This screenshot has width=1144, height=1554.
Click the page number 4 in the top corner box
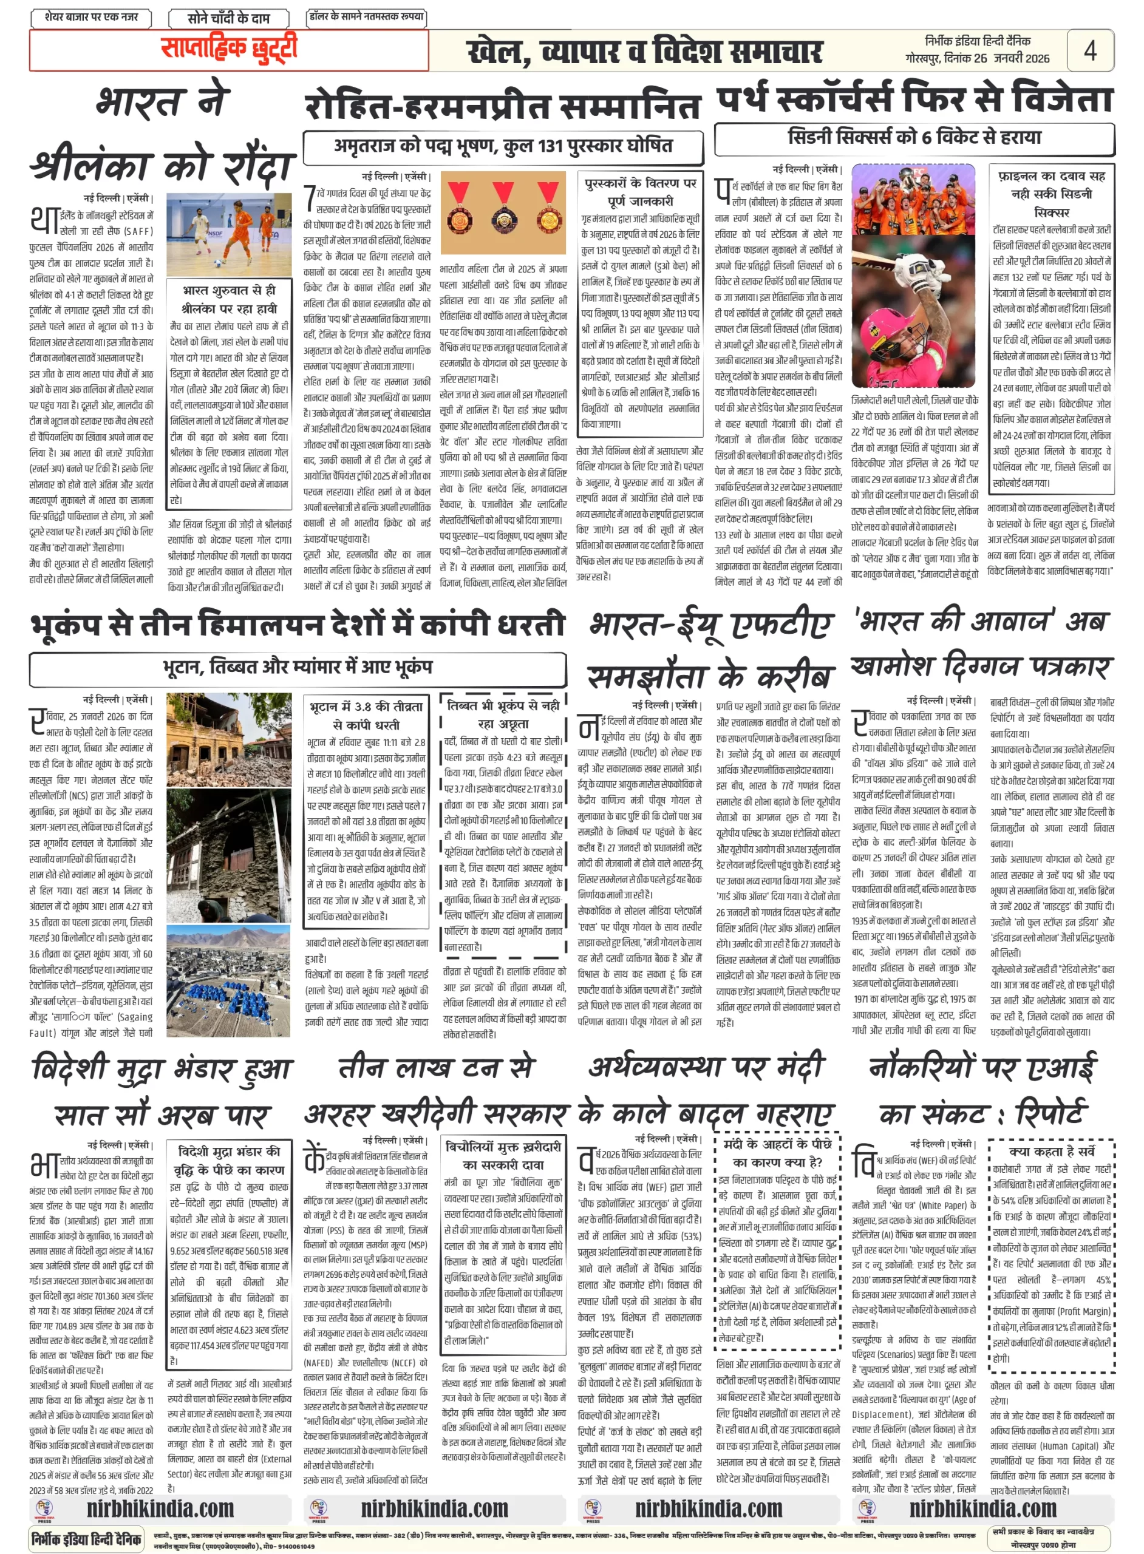1090,50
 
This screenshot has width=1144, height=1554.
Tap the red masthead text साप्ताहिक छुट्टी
228,49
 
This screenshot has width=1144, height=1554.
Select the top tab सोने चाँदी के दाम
228,18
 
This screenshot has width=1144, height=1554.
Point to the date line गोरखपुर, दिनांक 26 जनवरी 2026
977,59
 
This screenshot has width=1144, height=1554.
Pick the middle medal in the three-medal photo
503,208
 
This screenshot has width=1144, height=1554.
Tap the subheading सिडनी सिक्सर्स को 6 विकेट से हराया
914,138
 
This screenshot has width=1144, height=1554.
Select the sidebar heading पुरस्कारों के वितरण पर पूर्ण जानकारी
641,192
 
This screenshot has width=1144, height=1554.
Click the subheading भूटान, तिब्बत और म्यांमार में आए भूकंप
298,668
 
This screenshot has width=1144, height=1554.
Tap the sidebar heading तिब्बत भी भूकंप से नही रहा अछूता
503,714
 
